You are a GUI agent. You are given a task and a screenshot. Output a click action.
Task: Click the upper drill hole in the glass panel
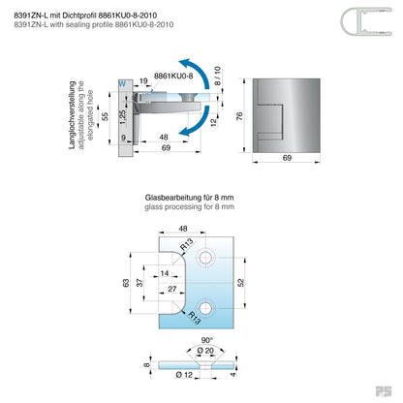coord(205,258)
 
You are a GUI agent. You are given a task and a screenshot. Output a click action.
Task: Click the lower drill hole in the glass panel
coord(205,308)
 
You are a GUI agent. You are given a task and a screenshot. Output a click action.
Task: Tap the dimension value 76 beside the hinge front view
coord(239,116)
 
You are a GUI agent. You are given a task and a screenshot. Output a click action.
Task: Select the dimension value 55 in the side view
coord(105,116)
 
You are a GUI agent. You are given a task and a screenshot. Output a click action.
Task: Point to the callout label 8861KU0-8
coord(173,76)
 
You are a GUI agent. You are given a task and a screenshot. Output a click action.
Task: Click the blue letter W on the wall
coord(122,84)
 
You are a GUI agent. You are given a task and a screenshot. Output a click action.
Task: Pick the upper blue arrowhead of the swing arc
coord(185,63)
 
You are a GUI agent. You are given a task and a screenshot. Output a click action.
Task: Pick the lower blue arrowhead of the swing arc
coord(185,131)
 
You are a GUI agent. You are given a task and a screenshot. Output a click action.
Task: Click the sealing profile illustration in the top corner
coord(366,21)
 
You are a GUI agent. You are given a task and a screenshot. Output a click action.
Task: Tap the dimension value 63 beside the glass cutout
coord(126,283)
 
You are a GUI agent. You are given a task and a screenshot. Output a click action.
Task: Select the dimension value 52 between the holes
coord(241,283)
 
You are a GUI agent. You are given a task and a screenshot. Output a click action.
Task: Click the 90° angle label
coord(207,340)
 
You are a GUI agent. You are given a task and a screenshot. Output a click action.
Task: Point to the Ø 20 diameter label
coord(205,351)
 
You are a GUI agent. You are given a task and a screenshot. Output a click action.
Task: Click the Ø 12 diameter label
coord(184,375)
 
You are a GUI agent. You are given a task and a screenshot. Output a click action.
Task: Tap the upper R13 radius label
coord(187,244)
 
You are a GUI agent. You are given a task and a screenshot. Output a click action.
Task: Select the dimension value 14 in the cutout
coord(165,273)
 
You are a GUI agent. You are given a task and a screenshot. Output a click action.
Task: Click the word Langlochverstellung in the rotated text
coord(72,115)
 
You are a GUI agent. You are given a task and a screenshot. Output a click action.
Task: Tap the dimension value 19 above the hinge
coord(143,81)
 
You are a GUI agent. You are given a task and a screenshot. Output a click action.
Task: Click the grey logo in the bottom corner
coord(384,391)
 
